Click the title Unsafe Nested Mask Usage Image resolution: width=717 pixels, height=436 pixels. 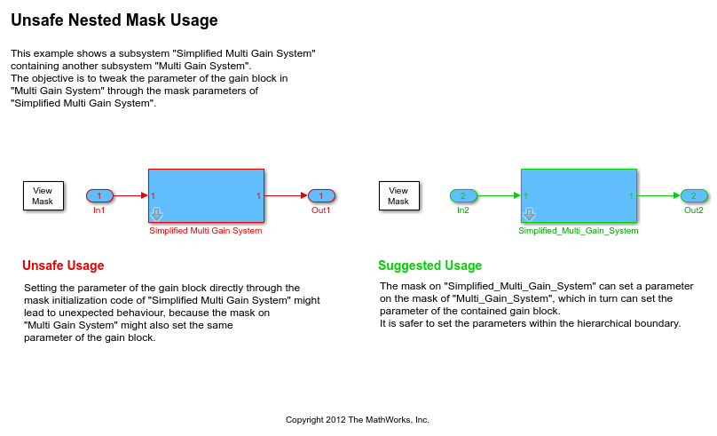tap(114, 20)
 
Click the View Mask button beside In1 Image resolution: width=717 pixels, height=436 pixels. tap(43, 195)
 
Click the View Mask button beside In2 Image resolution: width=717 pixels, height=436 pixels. tap(398, 195)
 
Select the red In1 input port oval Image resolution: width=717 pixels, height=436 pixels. tap(99, 195)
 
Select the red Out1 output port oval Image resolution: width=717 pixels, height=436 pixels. tap(321, 195)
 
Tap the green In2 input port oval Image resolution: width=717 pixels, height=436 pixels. tap(463, 195)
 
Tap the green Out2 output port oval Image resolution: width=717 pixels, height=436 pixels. tap(694, 195)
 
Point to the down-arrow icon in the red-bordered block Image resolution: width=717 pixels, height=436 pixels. tap(156, 214)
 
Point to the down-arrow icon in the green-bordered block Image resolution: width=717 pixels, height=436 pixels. tap(529, 214)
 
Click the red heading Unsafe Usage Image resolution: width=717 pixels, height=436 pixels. tap(63, 266)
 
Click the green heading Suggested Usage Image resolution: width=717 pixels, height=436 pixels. tap(429, 266)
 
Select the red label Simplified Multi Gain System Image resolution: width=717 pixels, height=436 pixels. tap(206, 231)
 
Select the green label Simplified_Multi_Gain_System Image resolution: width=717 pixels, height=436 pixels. tap(579, 231)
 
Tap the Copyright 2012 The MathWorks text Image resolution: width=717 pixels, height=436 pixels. tap(357, 419)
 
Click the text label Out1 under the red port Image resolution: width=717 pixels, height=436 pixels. tap(321, 210)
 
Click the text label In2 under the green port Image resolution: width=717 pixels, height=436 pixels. tap(463, 210)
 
